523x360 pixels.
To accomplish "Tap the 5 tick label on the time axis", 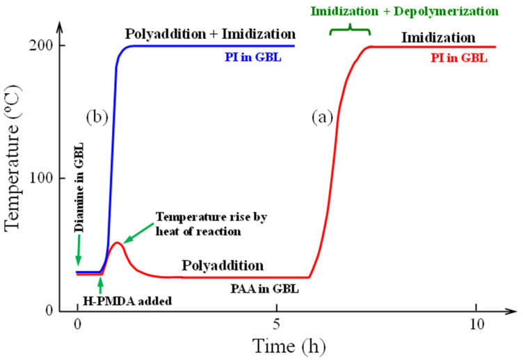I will coord(277,325).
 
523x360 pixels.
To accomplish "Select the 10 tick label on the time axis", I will coord(476,325).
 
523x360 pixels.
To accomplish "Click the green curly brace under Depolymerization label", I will coord(350,28).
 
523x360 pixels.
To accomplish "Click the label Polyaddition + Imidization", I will coord(210,33).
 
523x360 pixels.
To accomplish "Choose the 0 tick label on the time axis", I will coord(77,325).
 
